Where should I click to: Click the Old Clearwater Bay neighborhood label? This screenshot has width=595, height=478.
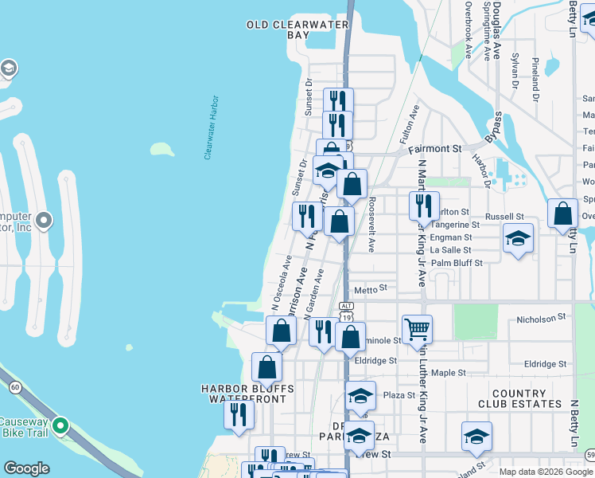pos(297,30)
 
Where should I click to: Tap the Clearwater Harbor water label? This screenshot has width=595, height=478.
pos(211,127)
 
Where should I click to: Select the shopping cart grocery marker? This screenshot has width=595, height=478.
pos(418,327)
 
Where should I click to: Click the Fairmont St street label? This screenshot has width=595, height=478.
pos(435,149)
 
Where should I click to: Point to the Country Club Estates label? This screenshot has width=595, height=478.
pos(519,399)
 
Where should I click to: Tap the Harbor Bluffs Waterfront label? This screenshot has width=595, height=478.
pos(247,394)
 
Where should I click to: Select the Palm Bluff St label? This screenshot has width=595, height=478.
pos(457,263)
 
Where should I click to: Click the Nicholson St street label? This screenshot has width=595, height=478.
pos(541,317)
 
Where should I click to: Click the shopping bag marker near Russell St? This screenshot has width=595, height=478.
pos(563,213)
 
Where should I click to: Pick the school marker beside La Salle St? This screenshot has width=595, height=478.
pos(518,237)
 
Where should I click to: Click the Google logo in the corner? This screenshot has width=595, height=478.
pos(26,468)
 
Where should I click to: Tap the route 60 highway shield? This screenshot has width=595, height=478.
pos(15,387)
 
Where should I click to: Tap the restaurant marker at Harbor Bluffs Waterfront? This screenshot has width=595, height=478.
pos(238,413)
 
